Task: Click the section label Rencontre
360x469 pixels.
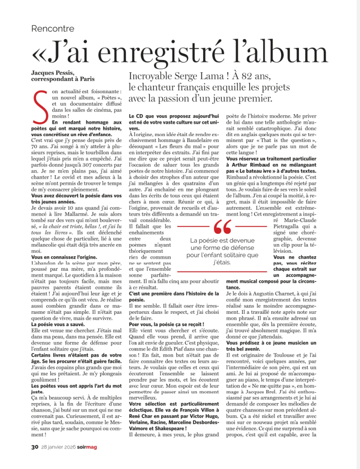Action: pyautogui.click(x=53, y=29)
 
